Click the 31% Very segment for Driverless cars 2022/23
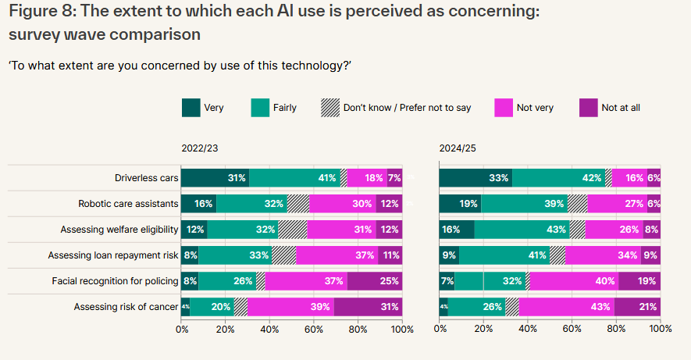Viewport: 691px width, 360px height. point(215,178)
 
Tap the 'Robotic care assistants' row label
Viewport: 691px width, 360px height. point(128,204)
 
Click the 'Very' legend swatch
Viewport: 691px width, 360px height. point(190,108)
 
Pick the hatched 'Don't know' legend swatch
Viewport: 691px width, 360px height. point(329,108)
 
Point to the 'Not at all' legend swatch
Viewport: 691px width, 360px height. point(588,108)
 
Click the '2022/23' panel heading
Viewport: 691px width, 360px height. point(201,148)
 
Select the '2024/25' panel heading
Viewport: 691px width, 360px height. point(458,148)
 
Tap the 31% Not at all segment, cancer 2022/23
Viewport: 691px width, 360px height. point(369,307)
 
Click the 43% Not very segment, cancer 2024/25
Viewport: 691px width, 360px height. point(567,307)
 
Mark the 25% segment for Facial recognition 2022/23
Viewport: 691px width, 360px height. point(375,281)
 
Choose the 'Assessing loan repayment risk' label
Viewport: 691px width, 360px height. point(113,255)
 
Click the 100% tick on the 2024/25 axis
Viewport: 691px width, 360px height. point(661,329)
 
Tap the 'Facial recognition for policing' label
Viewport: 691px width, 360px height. point(115,281)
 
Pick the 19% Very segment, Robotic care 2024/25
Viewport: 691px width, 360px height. point(461,204)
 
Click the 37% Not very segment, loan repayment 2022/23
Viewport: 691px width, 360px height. point(337,255)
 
